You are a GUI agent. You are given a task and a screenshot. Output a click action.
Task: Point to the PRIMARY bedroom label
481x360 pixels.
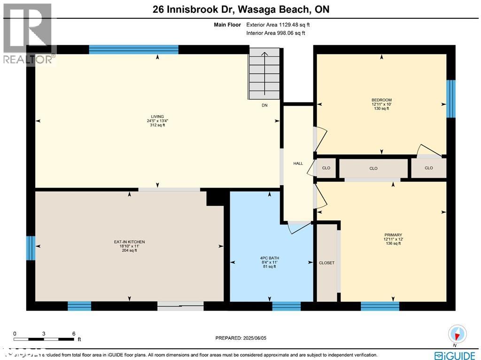tap(393, 235)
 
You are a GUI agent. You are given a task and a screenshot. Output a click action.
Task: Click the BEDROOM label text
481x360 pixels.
tap(381, 100)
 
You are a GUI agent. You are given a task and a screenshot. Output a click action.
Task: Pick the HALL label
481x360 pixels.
tap(298, 164)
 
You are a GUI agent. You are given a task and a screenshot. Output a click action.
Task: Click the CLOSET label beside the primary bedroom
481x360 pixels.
tap(326, 263)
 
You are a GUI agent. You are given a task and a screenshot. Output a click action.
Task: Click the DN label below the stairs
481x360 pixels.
tap(264, 106)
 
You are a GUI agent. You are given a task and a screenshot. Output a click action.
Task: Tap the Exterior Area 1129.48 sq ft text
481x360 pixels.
tap(275, 24)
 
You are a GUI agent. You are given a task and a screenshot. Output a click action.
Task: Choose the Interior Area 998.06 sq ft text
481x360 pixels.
tap(275, 33)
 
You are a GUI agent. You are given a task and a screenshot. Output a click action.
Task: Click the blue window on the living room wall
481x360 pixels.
tap(133, 49)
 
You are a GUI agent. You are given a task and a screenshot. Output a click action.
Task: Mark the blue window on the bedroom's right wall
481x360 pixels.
tap(450, 98)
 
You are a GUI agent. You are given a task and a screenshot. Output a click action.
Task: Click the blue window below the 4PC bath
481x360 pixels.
tap(286, 306)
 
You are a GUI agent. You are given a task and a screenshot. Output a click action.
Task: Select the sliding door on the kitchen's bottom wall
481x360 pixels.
tap(180, 306)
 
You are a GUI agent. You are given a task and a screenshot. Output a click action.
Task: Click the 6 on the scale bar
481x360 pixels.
tap(74, 333)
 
